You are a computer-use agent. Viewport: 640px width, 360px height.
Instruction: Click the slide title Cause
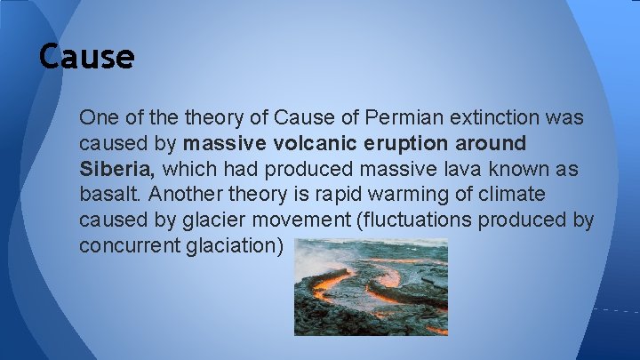(86, 57)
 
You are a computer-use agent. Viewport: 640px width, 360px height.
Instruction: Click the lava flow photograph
(371, 286)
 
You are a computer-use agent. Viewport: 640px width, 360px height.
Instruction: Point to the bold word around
(492, 143)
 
